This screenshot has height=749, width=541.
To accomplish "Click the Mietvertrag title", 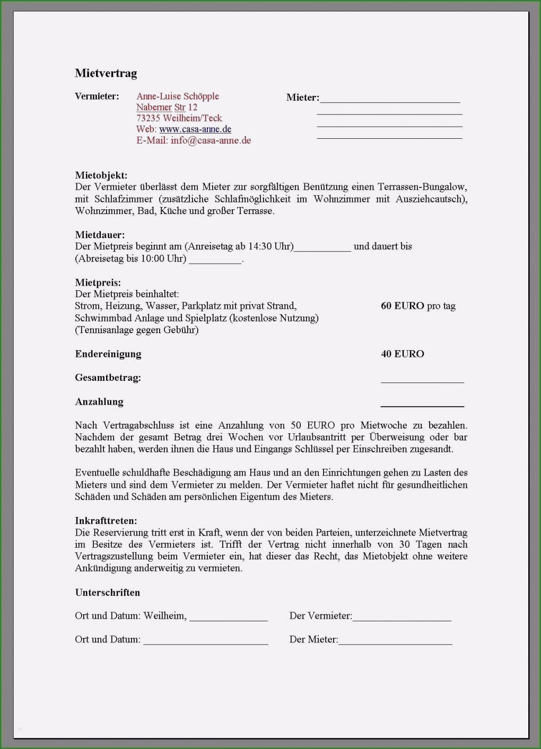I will (106, 73).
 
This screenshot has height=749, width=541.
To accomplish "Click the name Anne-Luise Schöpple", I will (177, 96).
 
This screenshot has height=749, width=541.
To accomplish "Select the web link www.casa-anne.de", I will (195, 129).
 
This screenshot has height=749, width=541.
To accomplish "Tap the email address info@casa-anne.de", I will (211, 140).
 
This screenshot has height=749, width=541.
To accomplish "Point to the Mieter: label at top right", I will (302, 97).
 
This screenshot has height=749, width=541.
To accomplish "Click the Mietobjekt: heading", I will (101, 175).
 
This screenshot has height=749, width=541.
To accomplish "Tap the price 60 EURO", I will (402, 306).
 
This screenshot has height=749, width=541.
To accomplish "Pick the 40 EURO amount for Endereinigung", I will (402, 354).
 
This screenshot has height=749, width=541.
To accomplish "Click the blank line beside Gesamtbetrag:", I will (422, 380).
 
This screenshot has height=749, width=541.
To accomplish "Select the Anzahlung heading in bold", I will (99, 402).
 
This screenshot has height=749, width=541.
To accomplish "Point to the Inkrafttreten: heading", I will (106, 521).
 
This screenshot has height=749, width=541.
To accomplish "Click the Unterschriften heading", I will (107, 592).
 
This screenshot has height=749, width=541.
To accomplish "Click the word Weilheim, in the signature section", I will (165, 616).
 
